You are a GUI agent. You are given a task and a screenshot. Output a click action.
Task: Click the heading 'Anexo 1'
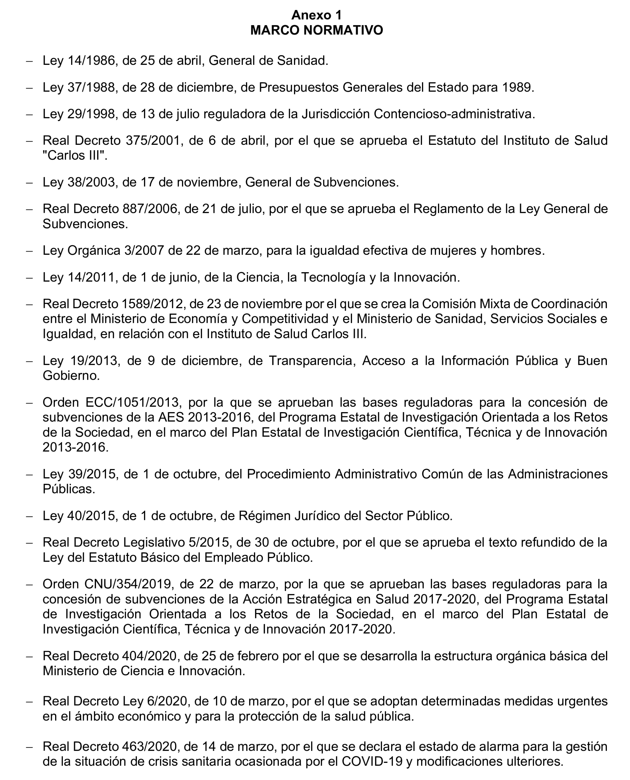click(316, 15)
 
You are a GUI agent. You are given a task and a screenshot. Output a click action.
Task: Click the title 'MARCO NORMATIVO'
click(316, 30)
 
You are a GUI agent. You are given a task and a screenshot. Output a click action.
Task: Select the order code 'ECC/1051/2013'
click(132, 402)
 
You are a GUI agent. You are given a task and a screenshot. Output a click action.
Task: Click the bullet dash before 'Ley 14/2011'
click(29, 278)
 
